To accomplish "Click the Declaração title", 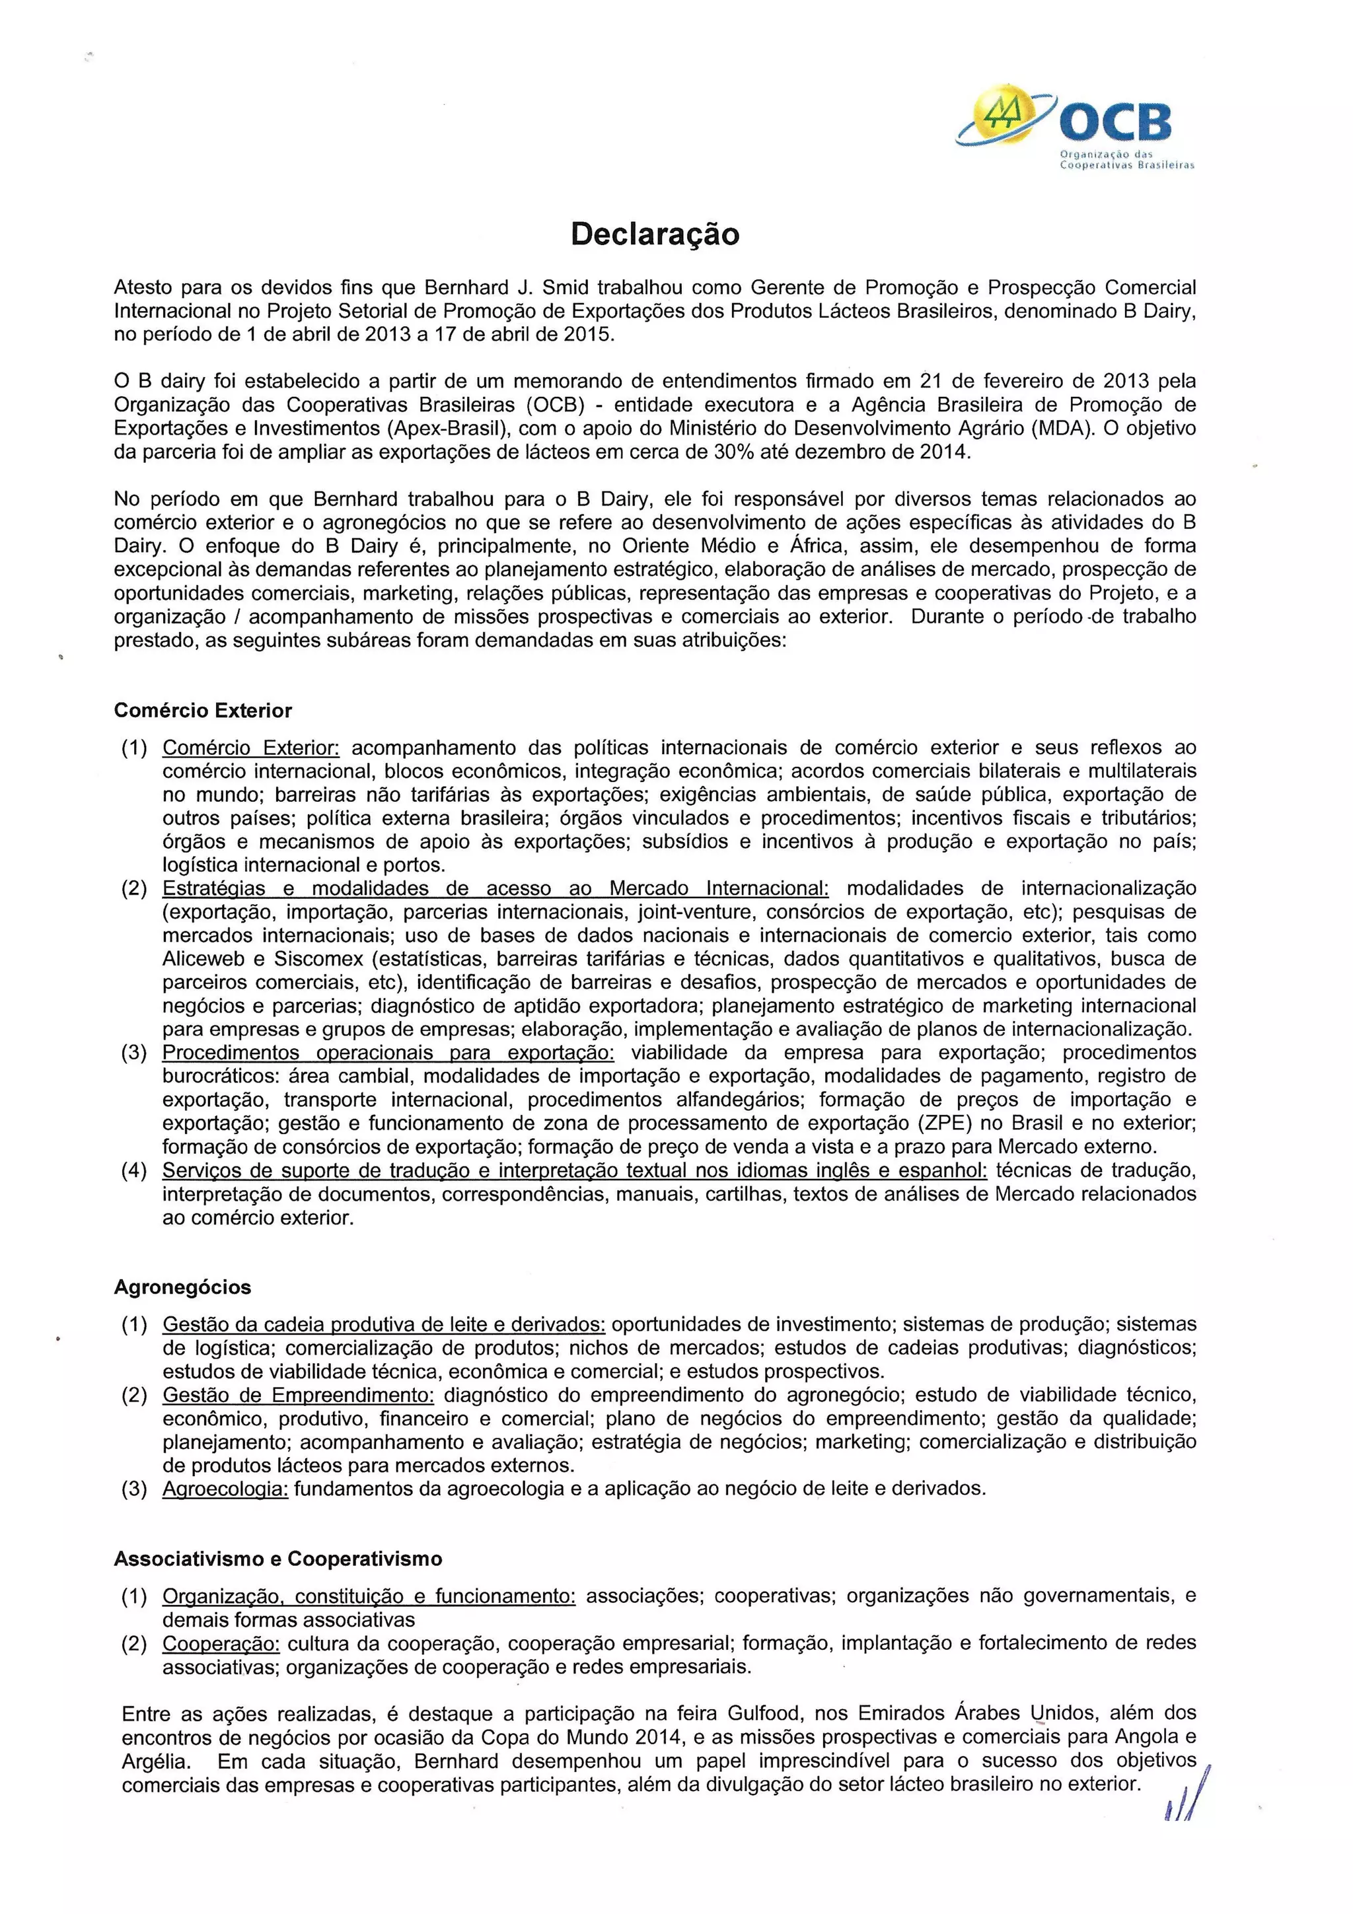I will pyautogui.click(x=655, y=235).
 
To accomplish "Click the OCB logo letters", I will pyautogui.click(x=1115, y=124).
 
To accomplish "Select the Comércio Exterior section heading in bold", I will pyautogui.click(x=203, y=711).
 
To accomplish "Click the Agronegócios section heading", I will pyautogui.click(x=182, y=1287).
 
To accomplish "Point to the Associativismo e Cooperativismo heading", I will pyautogui.click(x=277, y=1559).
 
